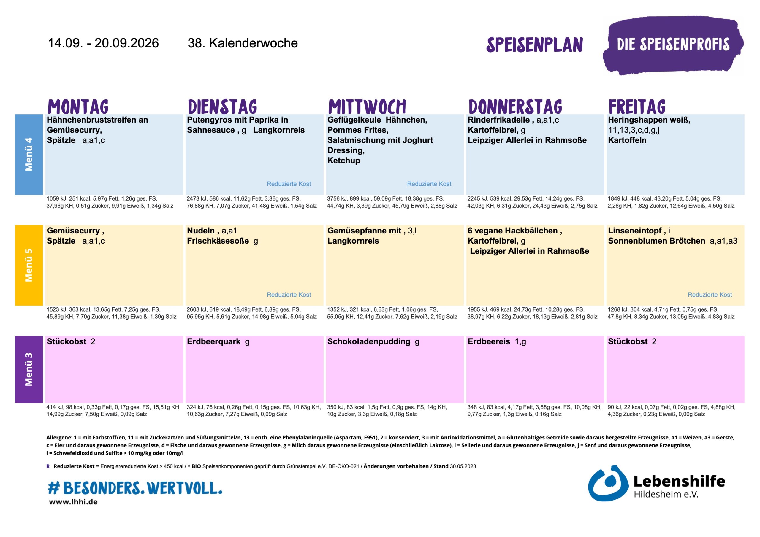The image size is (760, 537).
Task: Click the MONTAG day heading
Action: tap(78, 107)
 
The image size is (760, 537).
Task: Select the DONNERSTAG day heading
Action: tap(515, 107)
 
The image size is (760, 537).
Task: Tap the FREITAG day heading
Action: tap(637, 107)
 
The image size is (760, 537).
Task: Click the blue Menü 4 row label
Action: tap(29, 154)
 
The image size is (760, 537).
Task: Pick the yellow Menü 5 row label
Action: tap(29, 265)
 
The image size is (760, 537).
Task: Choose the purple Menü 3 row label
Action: tap(29, 369)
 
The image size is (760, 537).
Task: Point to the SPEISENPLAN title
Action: tap(535, 45)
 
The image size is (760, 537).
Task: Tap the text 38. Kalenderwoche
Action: tap(243, 43)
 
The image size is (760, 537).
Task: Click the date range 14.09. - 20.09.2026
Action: tap(103, 43)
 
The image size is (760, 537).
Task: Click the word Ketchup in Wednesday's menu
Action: tap(343, 161)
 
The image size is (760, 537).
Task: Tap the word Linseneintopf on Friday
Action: tap(634, 231)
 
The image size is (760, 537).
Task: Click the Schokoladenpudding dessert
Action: tap(369, 341)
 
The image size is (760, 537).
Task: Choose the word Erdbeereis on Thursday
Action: tap(489, 341)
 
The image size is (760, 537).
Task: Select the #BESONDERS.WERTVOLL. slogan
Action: tap(135, 488)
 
